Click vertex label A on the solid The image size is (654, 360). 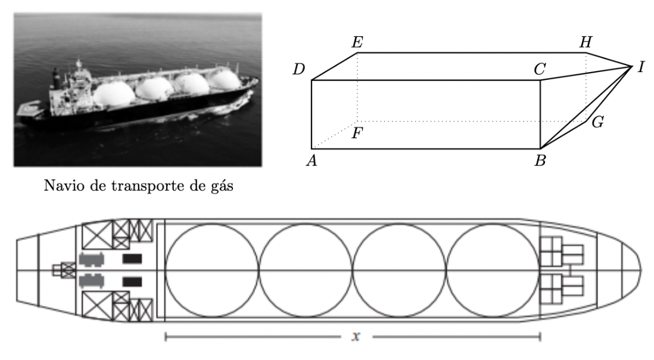coord(310,161)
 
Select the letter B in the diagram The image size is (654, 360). coord(540,162)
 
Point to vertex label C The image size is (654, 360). coord(540,70)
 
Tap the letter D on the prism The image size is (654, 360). coord(299,70)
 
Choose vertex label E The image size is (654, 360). coord(357,42)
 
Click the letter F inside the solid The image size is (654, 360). coord(357,133)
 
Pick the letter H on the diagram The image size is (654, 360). coord(586,42)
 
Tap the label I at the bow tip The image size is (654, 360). coord(641,67)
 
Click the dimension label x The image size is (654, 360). coord(356,337)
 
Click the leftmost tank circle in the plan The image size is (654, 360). coord(212,271)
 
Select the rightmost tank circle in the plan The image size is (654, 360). coord(493,271)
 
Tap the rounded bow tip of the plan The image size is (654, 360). coord(640,271)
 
